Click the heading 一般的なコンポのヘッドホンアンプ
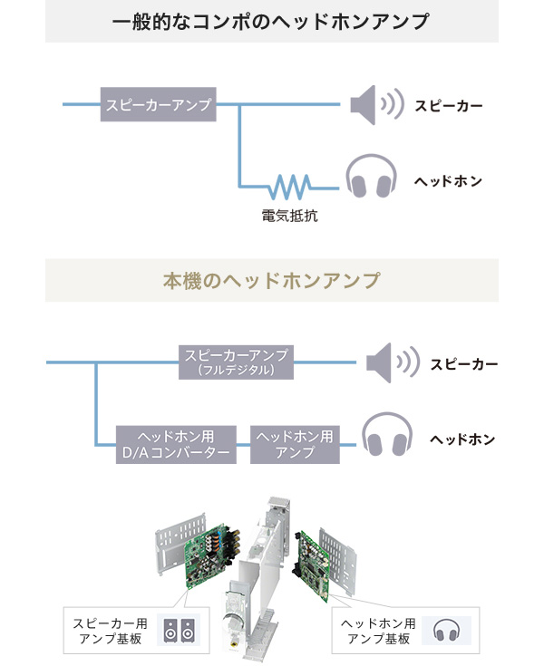coord(271,22)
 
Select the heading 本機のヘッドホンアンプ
coord(271,280)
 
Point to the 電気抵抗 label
coord(289,217)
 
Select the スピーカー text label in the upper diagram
coord(449,106)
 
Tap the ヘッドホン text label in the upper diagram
coord(448,181)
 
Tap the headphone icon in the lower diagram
coord(387,438)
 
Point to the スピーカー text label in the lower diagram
coord(464,364)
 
